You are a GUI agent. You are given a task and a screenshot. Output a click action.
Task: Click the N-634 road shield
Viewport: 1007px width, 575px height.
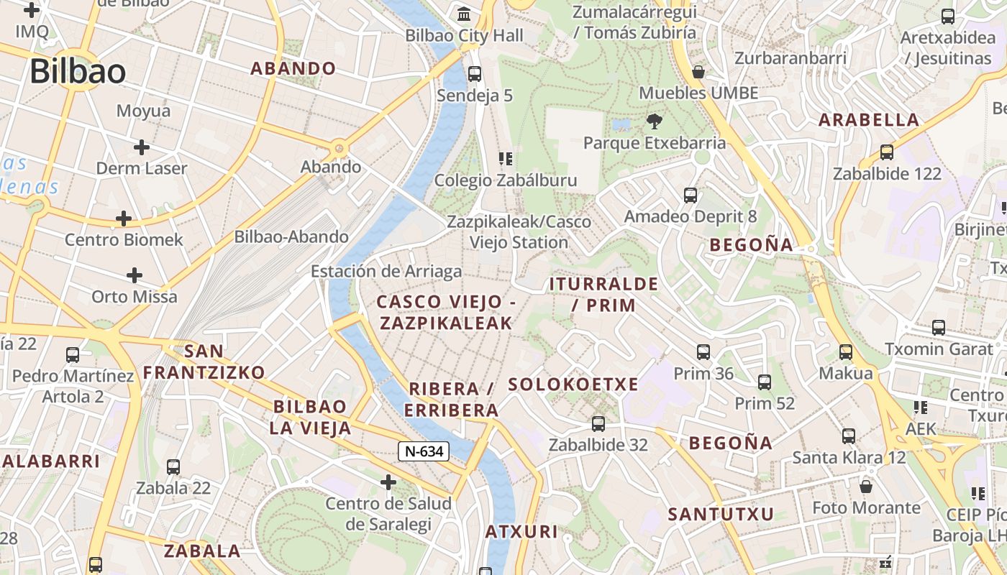[424, 451]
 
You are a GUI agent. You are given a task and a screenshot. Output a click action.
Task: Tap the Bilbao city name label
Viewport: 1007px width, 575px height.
[78, 71]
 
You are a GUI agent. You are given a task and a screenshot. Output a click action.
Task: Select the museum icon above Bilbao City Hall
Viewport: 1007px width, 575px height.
[464, 14]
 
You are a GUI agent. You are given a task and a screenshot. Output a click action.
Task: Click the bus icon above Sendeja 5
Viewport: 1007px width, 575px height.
[474, 73]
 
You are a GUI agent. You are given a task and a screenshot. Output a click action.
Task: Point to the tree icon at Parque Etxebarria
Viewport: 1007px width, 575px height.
[654, 121]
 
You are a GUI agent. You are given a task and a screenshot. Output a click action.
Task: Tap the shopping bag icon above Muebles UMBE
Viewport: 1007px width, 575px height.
[698, 71]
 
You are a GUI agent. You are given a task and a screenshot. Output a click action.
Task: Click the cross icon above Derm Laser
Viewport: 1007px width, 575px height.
[142, 147]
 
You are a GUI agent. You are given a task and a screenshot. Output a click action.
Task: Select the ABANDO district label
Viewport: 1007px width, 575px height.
[293, 68]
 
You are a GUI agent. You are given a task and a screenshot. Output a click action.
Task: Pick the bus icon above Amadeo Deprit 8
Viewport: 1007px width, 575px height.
[691, 195]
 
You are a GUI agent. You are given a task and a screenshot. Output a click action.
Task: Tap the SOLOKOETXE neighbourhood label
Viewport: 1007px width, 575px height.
[573, 385]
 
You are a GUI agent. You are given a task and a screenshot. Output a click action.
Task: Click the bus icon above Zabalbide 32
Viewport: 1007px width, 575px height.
[598, 423]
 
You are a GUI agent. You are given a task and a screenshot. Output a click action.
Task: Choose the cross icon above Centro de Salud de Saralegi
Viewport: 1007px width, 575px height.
[388, 482]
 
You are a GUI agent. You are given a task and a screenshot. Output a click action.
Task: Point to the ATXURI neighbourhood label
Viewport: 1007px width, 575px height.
[521, 532]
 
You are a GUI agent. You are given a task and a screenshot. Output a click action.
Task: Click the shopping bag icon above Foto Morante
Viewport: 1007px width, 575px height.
[866, 487]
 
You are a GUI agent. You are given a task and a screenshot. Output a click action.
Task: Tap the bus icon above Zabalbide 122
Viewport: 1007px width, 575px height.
[887, 152]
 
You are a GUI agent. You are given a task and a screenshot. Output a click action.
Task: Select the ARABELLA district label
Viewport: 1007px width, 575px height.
[870, 120]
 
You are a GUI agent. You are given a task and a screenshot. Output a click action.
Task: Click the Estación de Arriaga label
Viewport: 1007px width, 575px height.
[386, 272]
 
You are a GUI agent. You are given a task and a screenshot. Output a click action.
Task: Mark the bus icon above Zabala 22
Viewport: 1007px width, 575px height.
[173, 466]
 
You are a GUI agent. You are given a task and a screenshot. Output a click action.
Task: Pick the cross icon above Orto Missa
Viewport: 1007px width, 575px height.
[135, 275]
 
